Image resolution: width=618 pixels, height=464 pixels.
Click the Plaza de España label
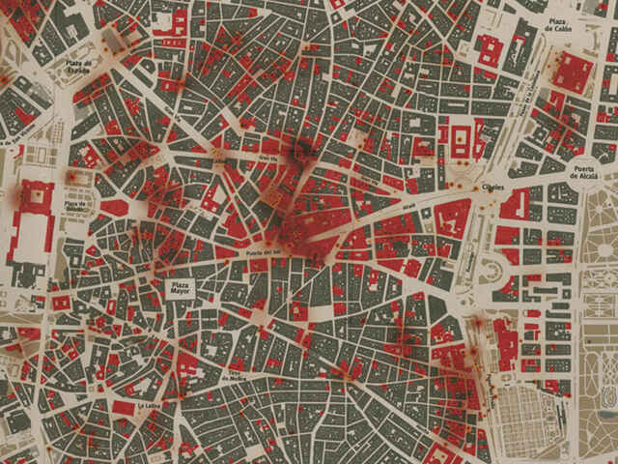80,68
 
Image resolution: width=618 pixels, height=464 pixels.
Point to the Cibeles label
492,187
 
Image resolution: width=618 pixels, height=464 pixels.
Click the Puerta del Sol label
264,254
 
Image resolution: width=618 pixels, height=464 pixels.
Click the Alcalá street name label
406,208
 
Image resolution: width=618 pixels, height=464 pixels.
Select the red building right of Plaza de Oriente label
115,207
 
